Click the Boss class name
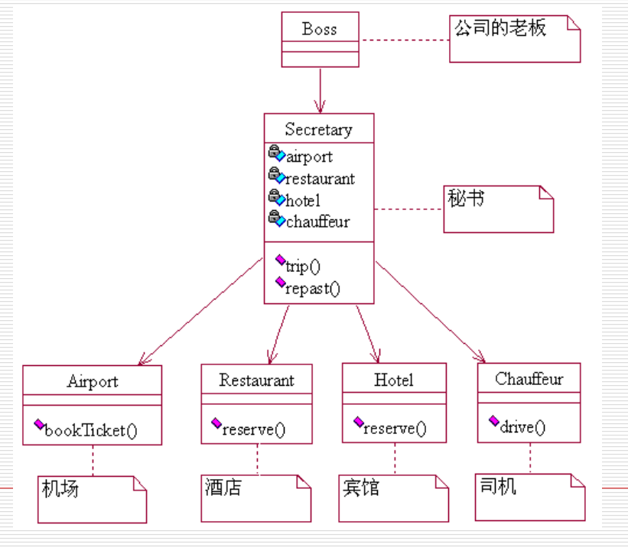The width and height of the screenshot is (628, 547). click(319, 30)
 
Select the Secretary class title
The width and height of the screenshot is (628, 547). click(318, 129)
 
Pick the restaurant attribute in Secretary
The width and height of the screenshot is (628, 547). click(319, 179)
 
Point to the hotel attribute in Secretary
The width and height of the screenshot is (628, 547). click(302, 200)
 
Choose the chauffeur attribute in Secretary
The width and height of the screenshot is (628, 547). click(317, 222)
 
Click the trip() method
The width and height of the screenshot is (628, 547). click(302, 266)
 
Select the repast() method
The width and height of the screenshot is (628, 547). click(311, 288)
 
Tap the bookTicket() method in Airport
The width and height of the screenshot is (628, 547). click(90, 430)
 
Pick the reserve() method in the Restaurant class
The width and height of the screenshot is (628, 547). click(253, 429)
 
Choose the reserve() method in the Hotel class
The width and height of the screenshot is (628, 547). click(394, 428)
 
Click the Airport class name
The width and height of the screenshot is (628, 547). click(93, 380)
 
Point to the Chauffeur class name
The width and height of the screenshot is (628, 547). click(529, 378)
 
